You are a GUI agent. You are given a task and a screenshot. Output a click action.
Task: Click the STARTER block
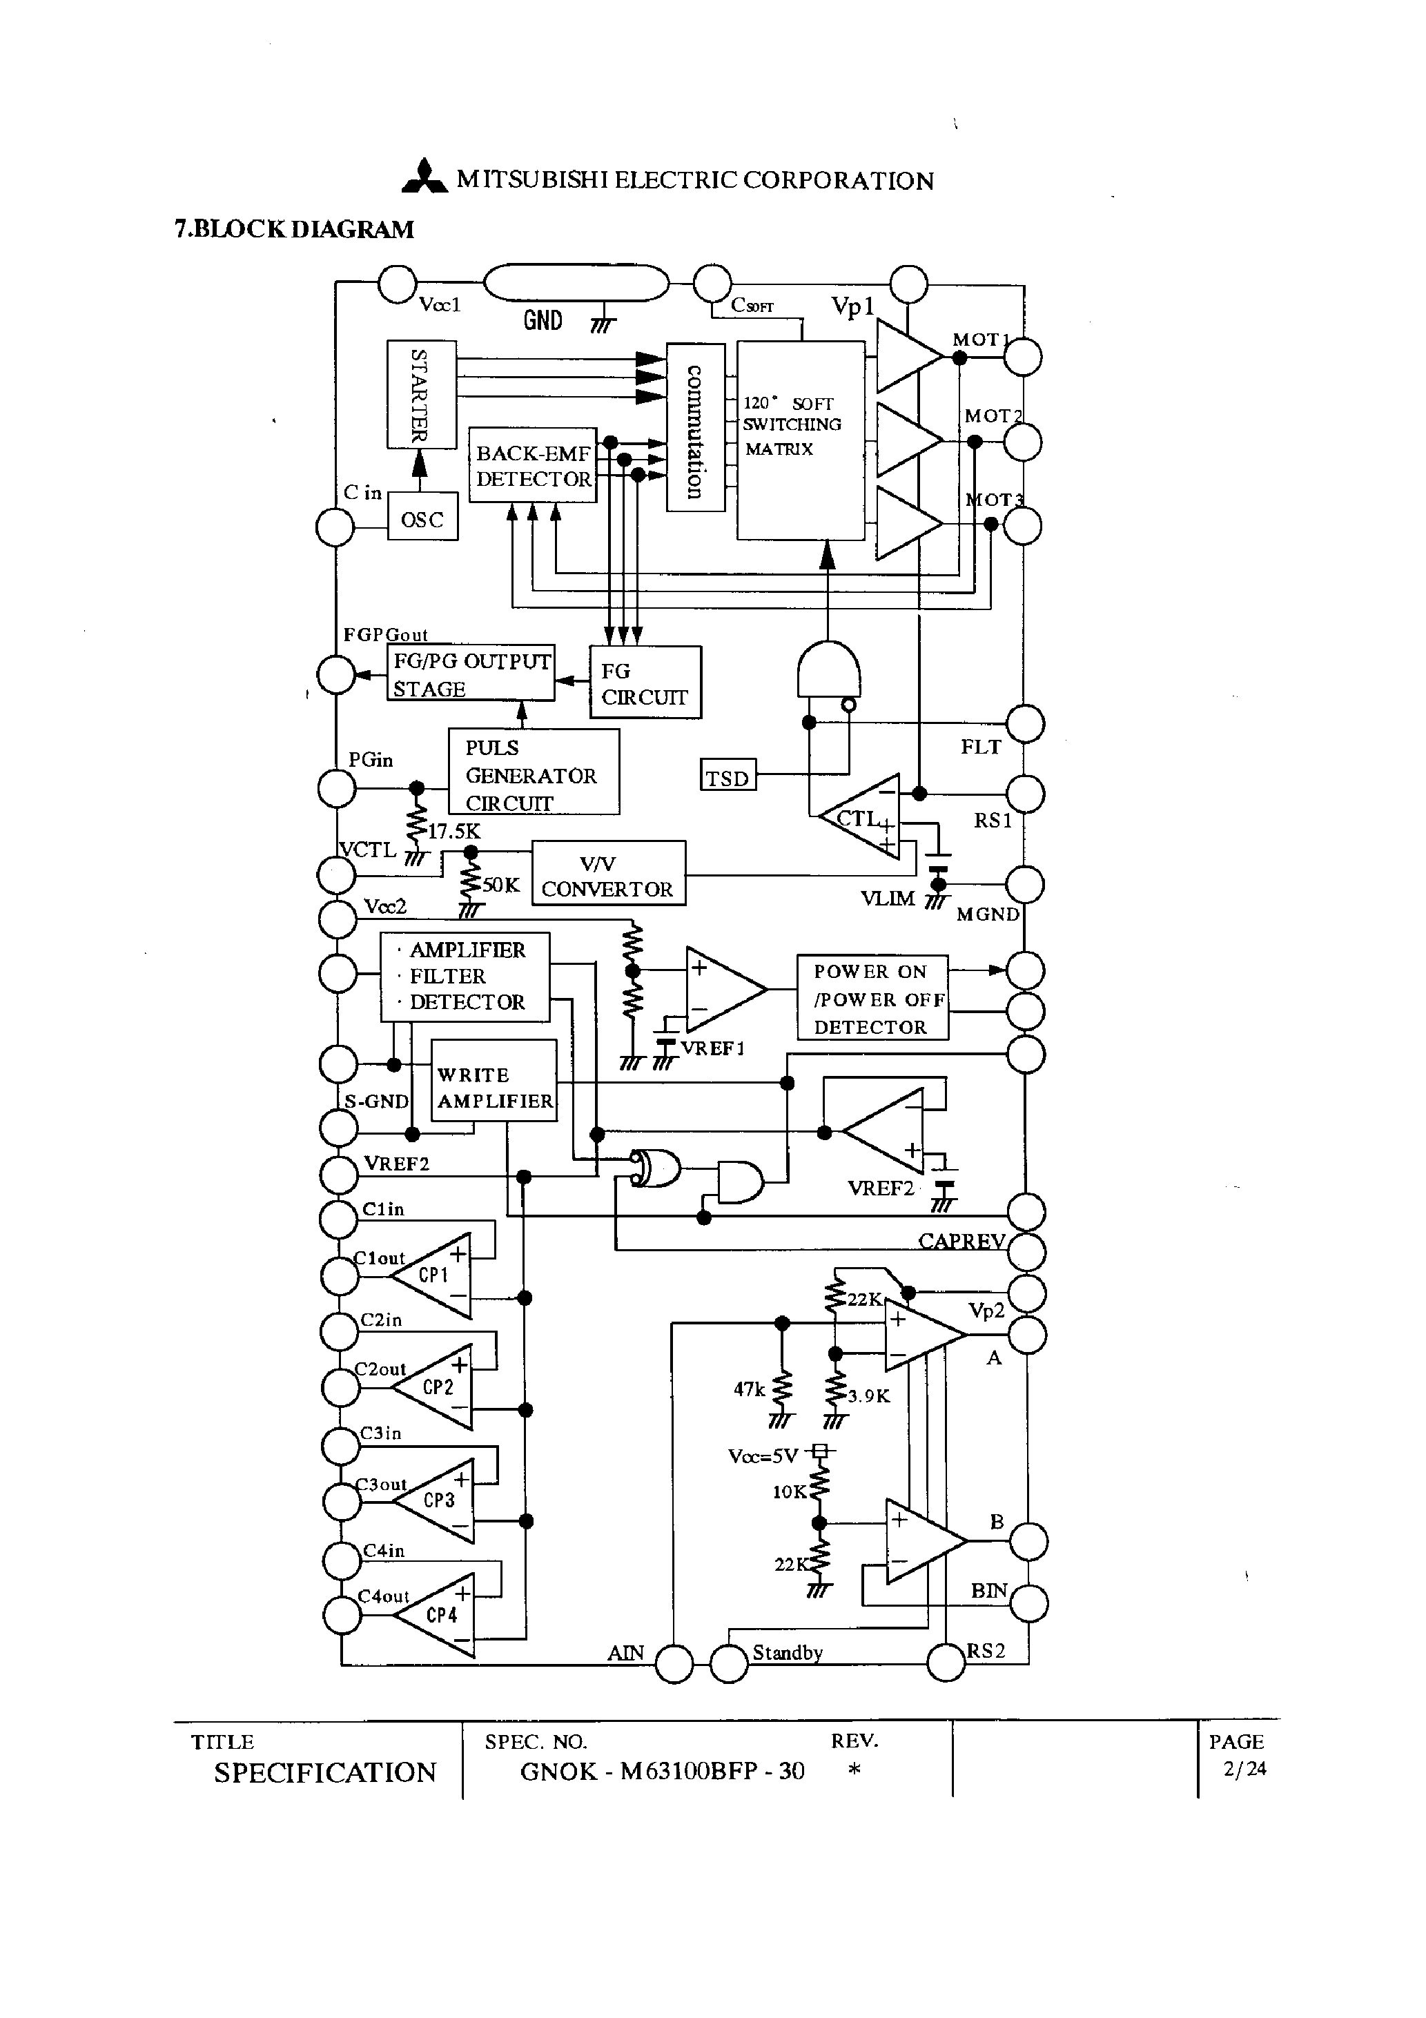coord(421,394)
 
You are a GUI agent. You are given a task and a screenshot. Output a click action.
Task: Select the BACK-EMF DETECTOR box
coord(533,466)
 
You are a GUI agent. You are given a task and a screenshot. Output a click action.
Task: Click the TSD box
coord(728,777)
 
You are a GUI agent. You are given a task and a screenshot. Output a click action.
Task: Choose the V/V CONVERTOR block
coord(607,874)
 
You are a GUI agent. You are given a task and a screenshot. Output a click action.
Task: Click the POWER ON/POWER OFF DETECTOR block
coord(872,997)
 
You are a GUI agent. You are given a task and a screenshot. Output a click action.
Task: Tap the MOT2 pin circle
coord(1022,441)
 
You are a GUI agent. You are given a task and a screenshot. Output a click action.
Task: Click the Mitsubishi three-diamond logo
coord(424,177)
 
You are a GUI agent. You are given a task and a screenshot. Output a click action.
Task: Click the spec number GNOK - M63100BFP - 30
coord(662,1771)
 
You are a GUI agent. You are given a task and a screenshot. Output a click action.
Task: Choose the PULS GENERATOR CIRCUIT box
coord(533,772)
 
